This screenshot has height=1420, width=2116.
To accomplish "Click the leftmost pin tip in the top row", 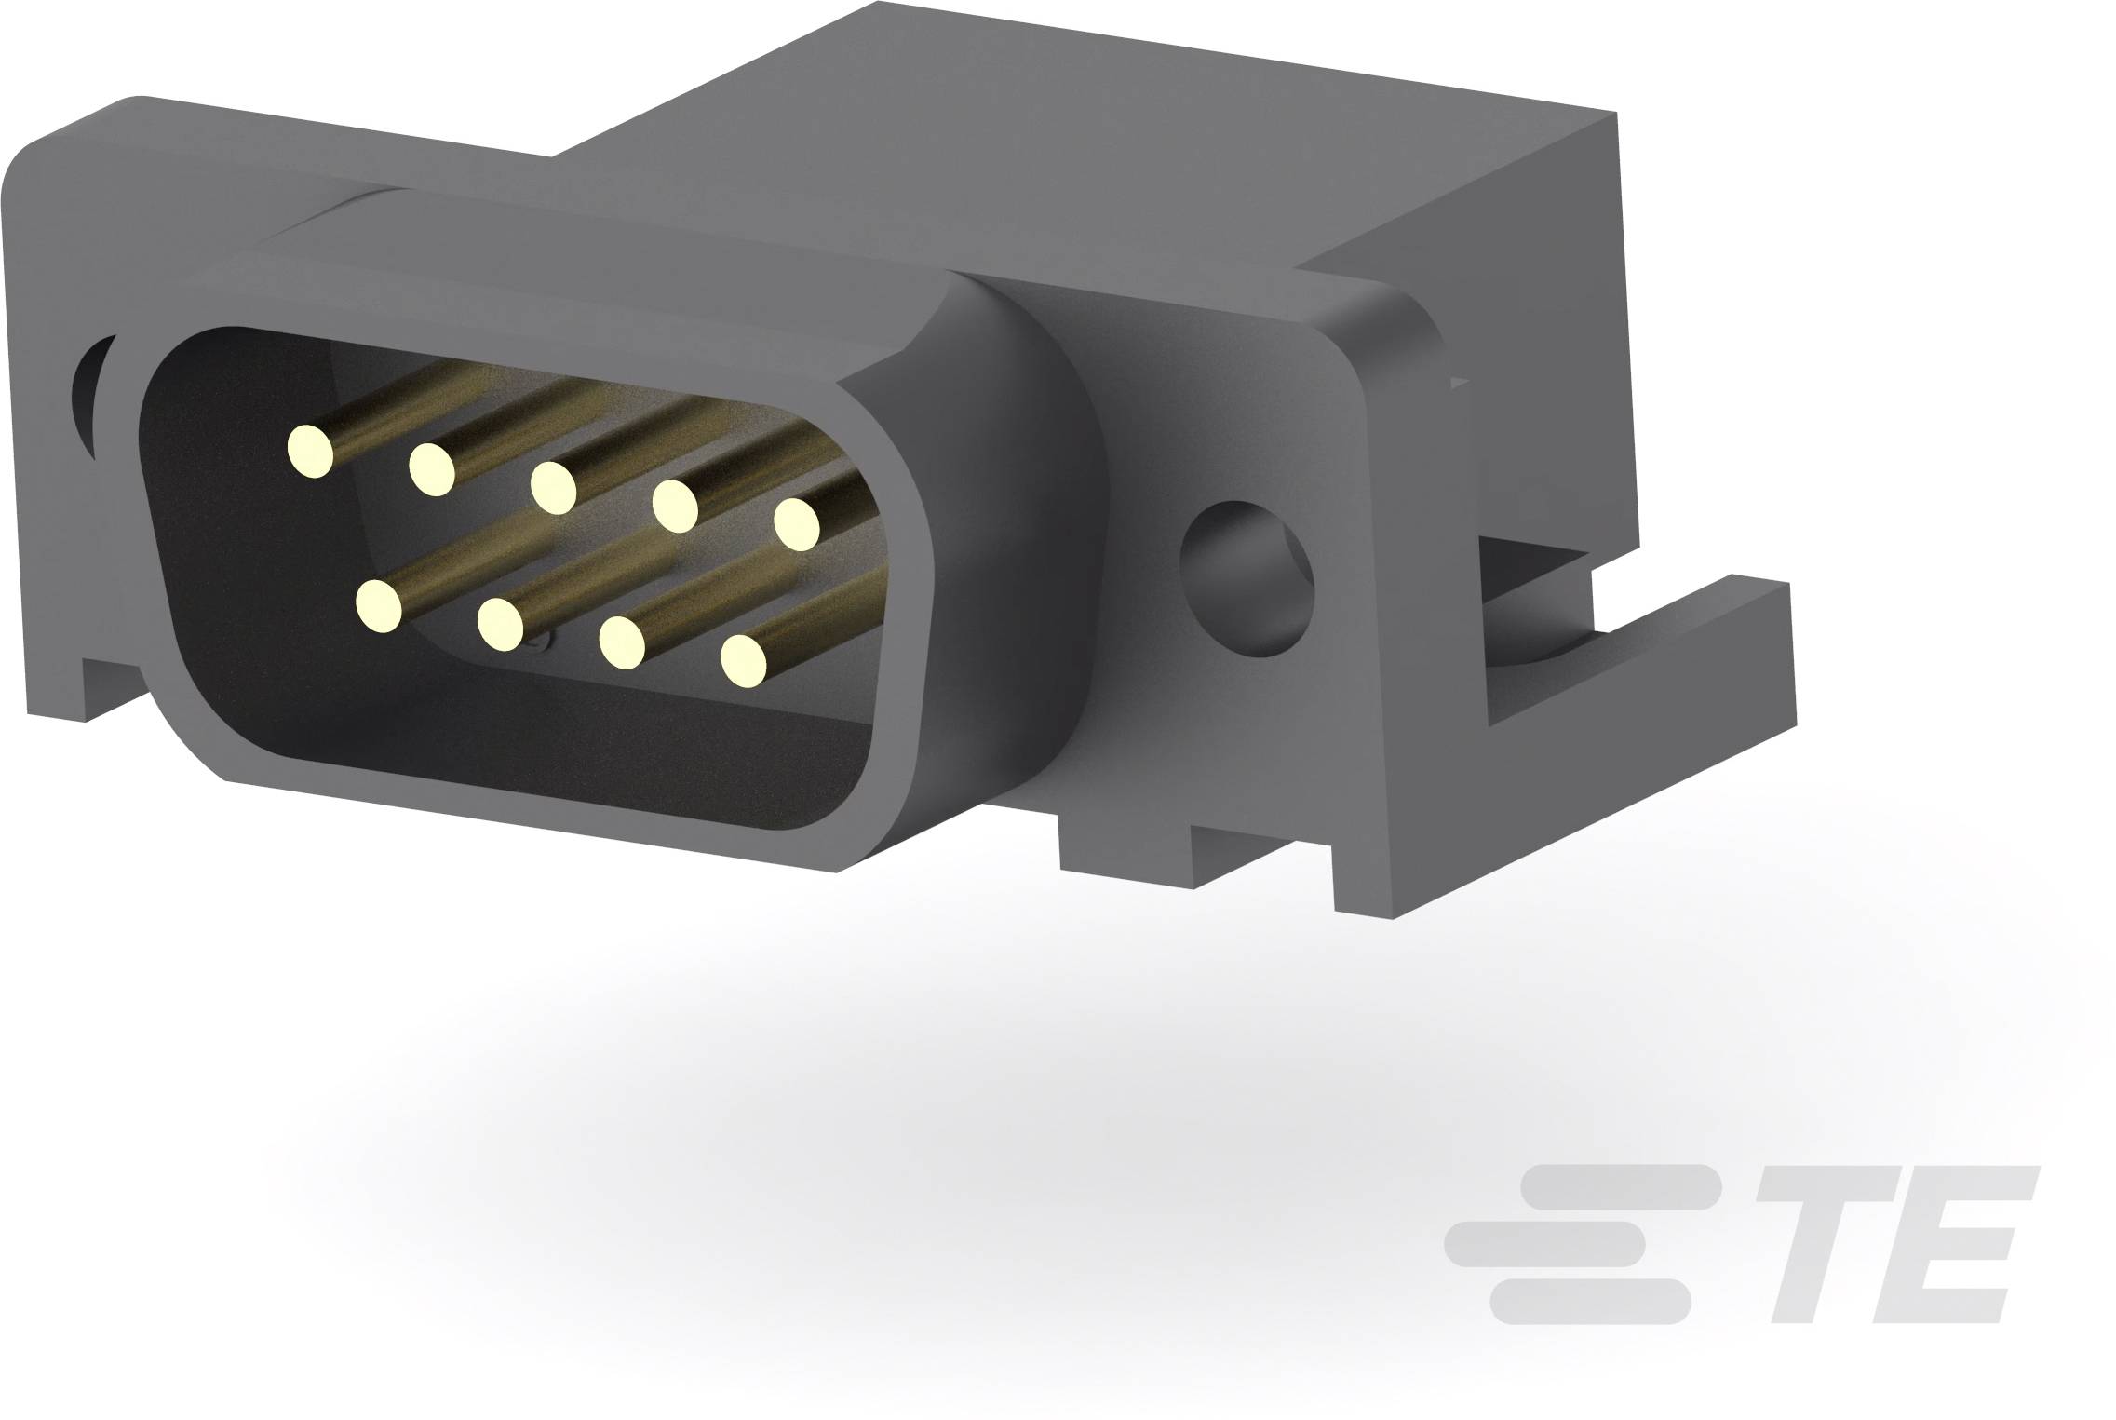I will point(310,452).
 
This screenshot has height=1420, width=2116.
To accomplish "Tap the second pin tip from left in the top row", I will point(431,468).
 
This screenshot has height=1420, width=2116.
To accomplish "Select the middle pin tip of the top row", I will point(553,486).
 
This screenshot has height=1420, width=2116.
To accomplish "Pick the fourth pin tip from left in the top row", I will point(675,506).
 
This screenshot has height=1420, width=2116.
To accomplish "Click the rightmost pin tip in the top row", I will point(797,523).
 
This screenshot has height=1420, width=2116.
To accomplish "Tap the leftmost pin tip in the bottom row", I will point(378,606).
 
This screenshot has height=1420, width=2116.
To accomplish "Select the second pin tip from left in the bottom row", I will point(500,623).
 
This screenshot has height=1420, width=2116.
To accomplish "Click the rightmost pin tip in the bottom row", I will point(743,661).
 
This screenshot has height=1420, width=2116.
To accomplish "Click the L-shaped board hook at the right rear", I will point(1638,652).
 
